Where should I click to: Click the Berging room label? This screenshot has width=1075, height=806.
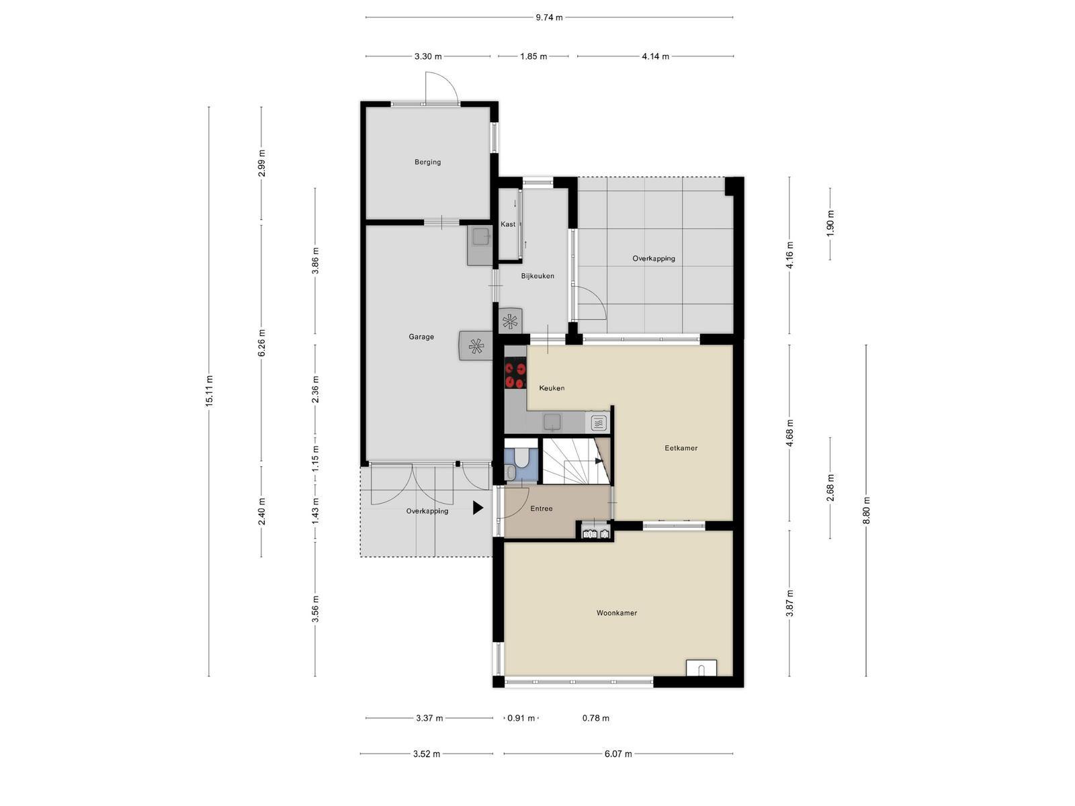[427, 162]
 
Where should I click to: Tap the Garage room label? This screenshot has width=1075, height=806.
[421, 337]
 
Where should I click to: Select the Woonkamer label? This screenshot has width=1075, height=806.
[616, 613]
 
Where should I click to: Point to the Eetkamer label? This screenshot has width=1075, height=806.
[681, 448]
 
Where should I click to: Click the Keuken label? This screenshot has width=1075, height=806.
[552, 388]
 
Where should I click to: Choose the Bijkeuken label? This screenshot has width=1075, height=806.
[537, 276]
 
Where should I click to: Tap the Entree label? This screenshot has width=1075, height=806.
[541, 508]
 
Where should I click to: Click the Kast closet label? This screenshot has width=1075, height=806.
[507, 224]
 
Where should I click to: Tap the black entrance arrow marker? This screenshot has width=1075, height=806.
[478, 508]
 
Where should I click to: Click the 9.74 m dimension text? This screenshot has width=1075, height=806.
[548, 17]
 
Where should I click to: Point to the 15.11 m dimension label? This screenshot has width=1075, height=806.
[209, 390]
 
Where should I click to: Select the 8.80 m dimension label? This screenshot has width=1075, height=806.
[866, 510]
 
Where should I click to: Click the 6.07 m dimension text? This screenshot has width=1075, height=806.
[617, 754]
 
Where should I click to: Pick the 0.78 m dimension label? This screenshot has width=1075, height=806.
[595, 718]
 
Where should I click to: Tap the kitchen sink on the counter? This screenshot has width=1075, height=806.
[552, 422]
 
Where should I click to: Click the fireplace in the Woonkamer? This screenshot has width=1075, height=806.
[701, 668]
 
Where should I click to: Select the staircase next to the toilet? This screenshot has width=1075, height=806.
[576, 461]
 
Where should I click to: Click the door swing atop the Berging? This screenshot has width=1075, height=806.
[441, 88]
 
